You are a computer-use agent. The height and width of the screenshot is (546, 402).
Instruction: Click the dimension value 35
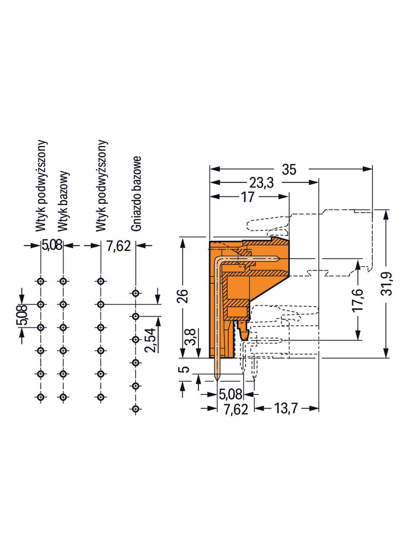(x=289, y=170)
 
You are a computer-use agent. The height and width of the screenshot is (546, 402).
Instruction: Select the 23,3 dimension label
(x=262, y=183)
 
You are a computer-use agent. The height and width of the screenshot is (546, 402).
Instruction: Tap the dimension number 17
(x=248, y=197)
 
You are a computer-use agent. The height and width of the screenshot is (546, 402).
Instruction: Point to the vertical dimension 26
(x=184, y=296)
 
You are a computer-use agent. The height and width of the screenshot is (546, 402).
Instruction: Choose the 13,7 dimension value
(x=286, y=408)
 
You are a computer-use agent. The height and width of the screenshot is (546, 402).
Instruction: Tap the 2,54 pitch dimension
(x=151, y=340)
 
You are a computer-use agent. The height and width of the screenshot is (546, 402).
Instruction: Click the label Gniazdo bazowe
(x=136, y=193)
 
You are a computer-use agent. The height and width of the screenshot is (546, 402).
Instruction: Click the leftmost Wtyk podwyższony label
(x=41, y=185)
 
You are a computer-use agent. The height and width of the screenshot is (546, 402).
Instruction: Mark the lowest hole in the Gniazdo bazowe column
(x=136, y=409)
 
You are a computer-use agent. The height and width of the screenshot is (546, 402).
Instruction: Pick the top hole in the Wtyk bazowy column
(x=63, y=281)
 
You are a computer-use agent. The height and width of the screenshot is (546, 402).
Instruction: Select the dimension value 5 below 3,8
(x=186, y=369)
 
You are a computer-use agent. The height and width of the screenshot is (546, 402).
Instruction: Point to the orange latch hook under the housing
(x=244, y=331)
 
